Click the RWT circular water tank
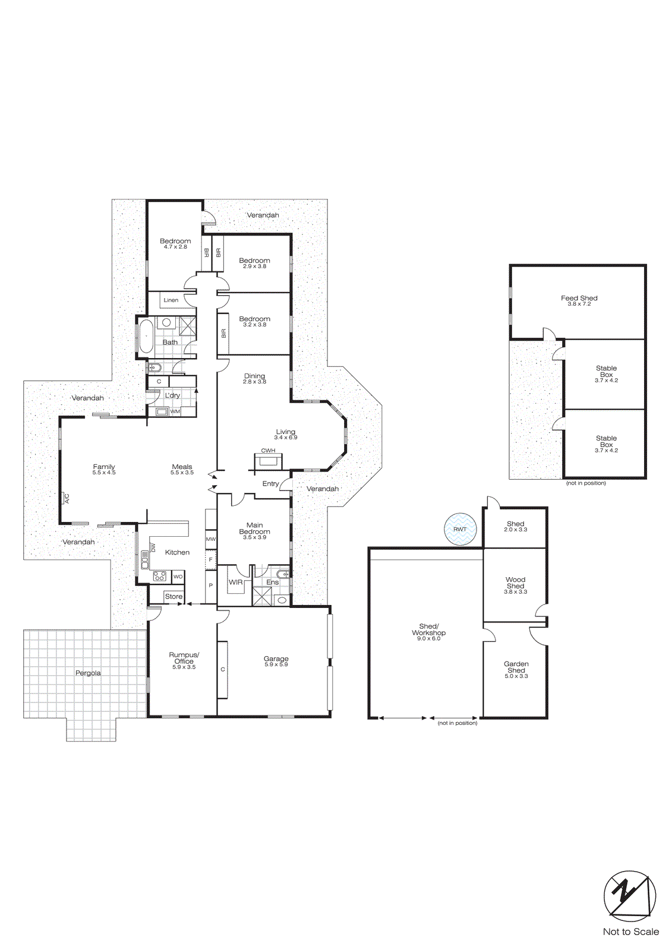460,529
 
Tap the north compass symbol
630,896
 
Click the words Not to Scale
630,932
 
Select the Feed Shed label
579,298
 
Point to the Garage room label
276,658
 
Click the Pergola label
88,673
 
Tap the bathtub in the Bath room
146,337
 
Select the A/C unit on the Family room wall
65,498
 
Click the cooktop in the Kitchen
159,576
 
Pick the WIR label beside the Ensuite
236,582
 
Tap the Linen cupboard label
171,300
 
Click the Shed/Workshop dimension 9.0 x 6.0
428,639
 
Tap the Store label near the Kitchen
173,596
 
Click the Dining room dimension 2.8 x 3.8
254,382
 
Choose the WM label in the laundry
175,411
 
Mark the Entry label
270,484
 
